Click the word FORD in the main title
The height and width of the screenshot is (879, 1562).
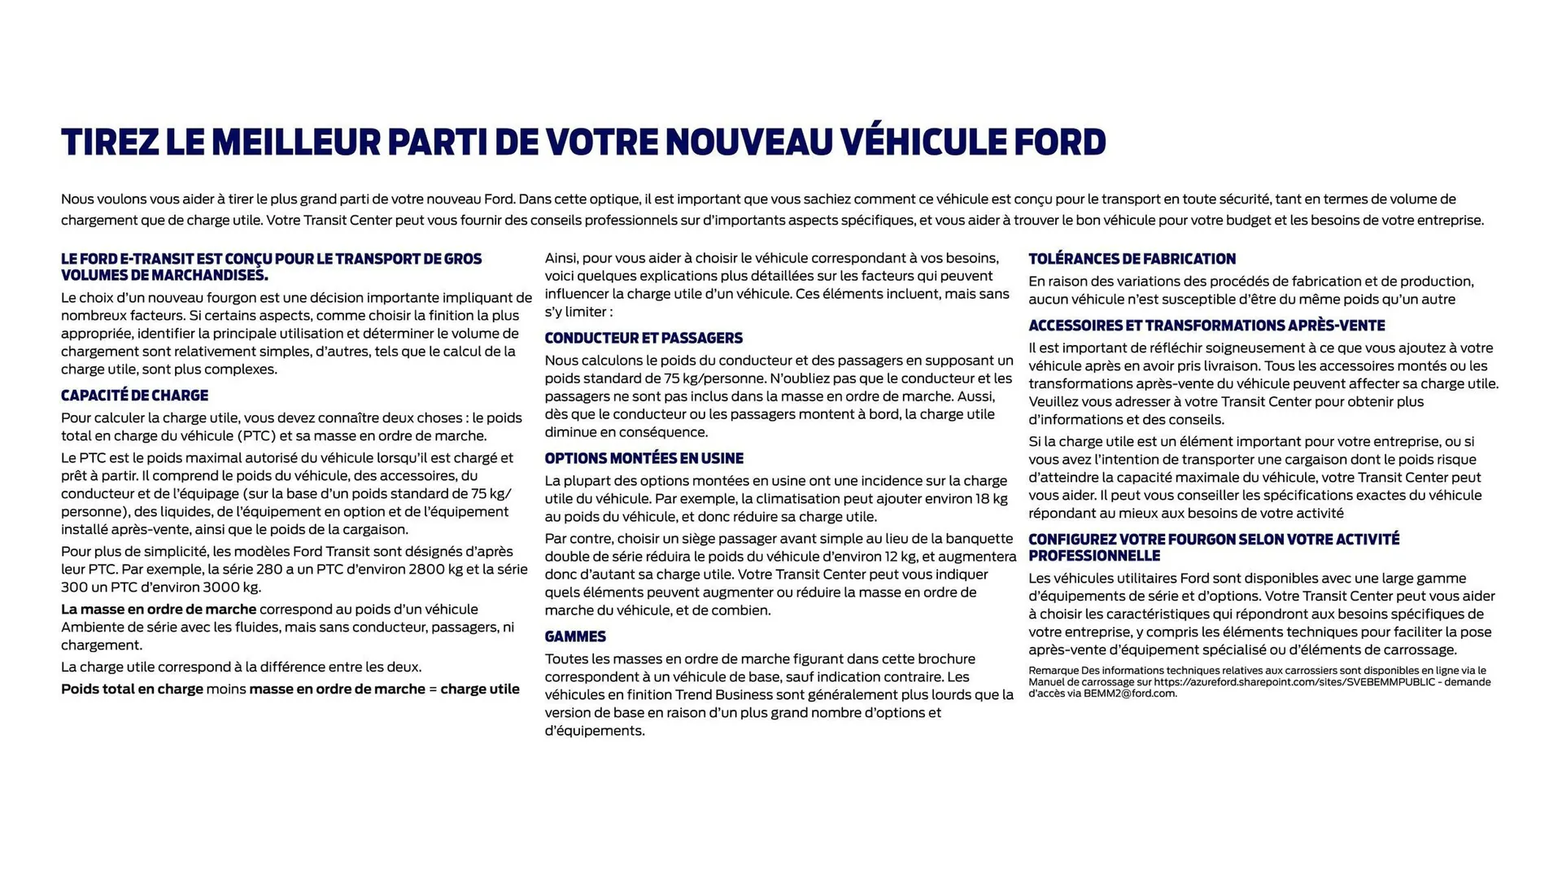click(x=1059, y=142)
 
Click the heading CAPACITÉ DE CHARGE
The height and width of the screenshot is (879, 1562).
click(x=134, y=396)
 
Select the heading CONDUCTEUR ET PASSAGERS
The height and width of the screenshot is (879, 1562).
click(x=644, y=338)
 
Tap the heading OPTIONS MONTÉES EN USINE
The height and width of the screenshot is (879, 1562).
click(x=644, y=458)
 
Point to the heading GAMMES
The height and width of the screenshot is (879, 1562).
click(x=575, y=636)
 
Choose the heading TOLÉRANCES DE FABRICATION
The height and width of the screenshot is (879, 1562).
click(x=1132, y=259)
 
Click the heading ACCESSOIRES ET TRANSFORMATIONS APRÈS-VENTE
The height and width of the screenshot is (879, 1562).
click(x=1206, y=326)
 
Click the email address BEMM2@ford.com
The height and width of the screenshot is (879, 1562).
click(x=1130, y=693)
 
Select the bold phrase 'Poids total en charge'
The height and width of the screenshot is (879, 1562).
click(x=132, y=689)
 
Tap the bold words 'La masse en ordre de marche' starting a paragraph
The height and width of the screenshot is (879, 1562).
click(x=159, y=609)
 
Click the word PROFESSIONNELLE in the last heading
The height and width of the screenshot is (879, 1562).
click(x=1094, y=556)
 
